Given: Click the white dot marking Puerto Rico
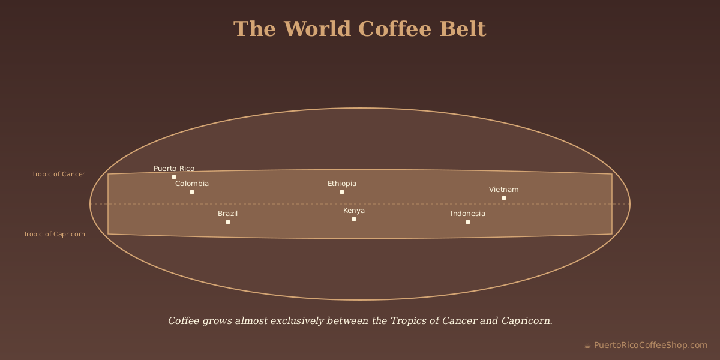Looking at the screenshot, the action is (174, 177).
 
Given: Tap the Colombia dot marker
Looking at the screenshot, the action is (192, 192).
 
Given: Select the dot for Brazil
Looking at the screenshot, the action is (228, 222).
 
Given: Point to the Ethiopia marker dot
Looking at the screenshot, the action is (342, 192).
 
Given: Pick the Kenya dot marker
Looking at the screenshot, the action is (354, 219).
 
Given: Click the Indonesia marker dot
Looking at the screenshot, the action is (468, 222).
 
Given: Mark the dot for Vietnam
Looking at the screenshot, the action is (504, 198).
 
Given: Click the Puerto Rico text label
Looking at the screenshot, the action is (174, 169).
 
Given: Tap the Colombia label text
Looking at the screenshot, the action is (192, 184).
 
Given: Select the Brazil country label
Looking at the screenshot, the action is (228, 214).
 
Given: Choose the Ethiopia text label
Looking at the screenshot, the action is (342, 184).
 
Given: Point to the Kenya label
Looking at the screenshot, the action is (354, 211).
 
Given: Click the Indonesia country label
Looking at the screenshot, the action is (468, 214).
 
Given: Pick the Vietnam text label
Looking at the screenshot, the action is (504, 190).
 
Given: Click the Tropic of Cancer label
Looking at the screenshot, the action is (58, 175).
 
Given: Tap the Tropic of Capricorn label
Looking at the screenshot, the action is (54, 234).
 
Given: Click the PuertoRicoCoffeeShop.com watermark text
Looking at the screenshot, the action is (650, 345).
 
